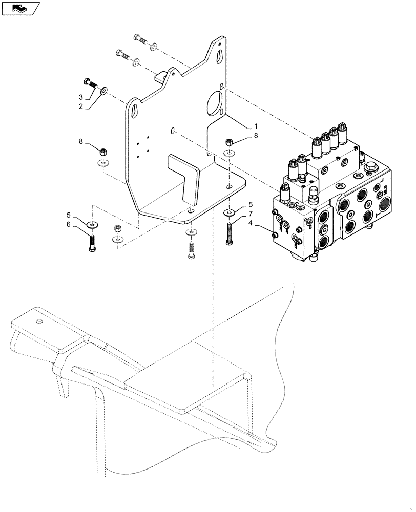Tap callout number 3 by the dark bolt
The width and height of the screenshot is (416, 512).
point(81,97)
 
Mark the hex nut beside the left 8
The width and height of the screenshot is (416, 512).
point(103,152)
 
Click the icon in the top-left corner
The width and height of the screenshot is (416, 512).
point(20,8)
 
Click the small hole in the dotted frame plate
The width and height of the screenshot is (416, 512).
point(39,322)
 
